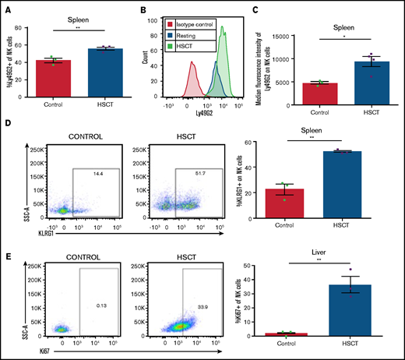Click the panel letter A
(7, 7)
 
